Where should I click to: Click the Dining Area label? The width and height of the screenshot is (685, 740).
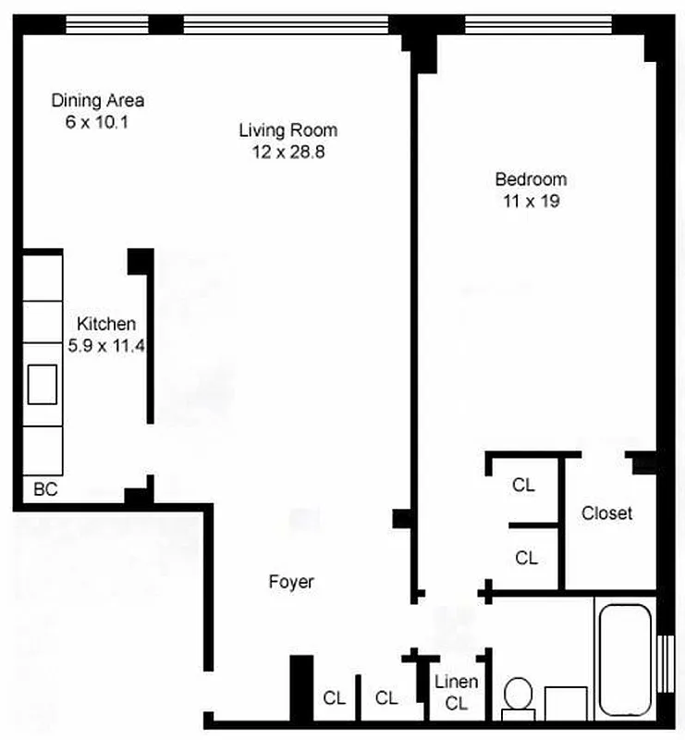coord(97,101)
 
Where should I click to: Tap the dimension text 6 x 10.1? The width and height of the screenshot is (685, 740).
coord(97,121)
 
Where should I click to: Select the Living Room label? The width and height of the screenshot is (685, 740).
coord(287,130)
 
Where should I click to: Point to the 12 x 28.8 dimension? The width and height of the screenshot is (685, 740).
coord(287,151)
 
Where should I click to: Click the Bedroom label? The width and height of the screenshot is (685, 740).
coord(531,179)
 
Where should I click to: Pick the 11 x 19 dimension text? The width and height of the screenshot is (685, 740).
coord(531,201)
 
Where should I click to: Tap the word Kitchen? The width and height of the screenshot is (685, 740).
coord(106,324)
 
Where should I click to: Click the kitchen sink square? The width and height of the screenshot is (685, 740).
coord(43,384)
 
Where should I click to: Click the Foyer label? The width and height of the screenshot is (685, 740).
coord(291,582)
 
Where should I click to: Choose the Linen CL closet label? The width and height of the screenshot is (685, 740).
coord(457,692)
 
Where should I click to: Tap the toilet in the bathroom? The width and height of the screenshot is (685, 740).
coord(519,697)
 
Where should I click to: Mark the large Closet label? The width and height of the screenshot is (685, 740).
coord(606,512)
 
